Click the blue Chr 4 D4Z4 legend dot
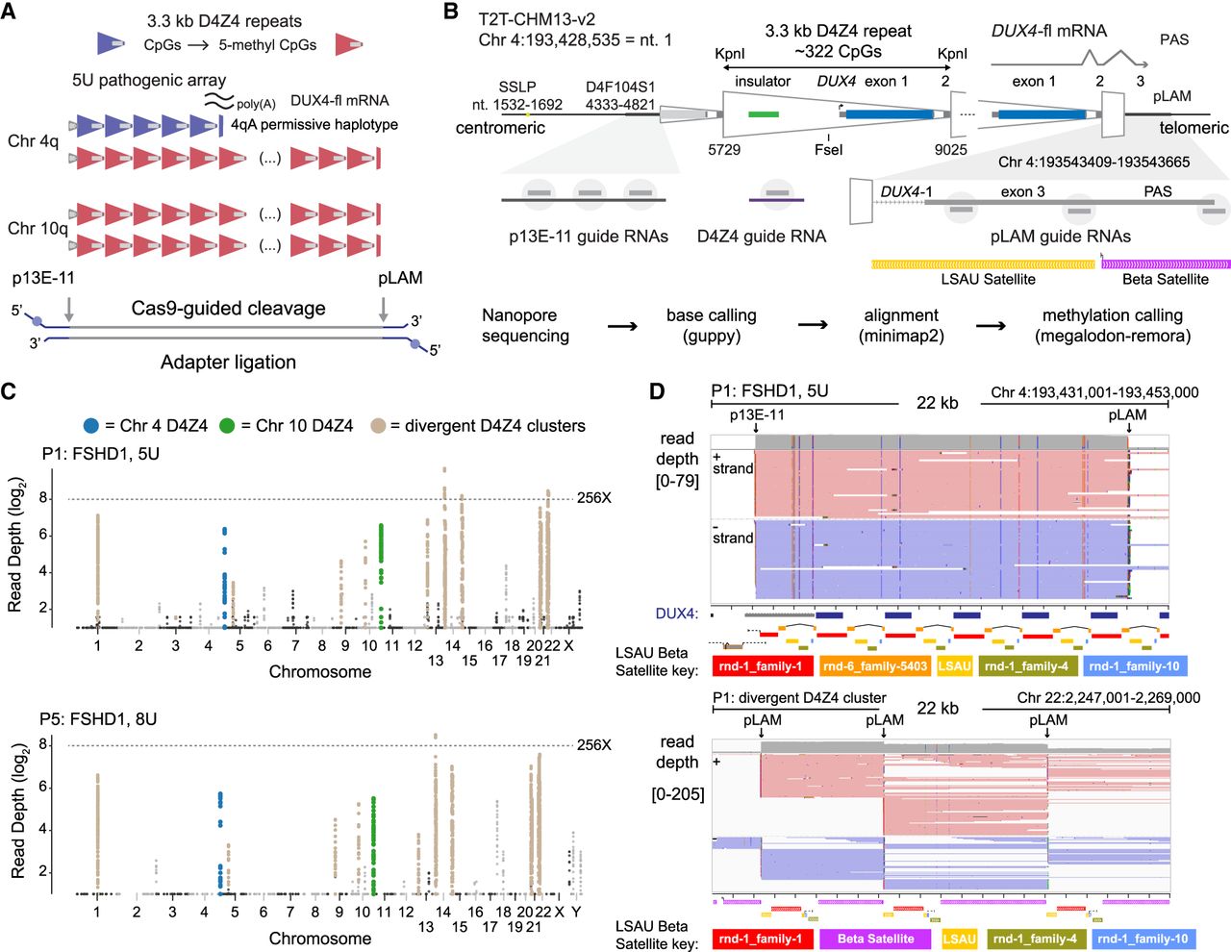click(91, 426)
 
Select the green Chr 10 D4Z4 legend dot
click(227, 426)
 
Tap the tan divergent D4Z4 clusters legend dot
click(378, 426)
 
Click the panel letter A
click(8, 12)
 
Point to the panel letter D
click(657, 391)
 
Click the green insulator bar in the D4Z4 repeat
click(764, 114)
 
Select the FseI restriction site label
click(828, 150)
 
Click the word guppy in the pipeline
click(712, 337)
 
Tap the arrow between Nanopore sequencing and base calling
click(622, 326)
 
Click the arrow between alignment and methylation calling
click(991, 326)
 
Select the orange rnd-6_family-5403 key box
click(874, 666)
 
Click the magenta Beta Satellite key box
click(875, 939)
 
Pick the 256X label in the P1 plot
click(594, 498)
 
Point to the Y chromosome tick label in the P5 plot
click(576, 912)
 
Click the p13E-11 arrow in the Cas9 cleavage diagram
click(69, 310)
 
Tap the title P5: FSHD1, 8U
click(98, 718)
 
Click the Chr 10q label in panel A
click(38, 229)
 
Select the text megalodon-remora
click(1113, 337)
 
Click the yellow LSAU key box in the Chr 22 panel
click(959, 939)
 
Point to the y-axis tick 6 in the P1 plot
click(42, 536)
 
